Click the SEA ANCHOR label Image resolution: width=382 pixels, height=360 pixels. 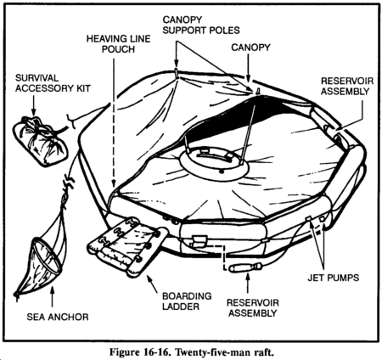[58, 317]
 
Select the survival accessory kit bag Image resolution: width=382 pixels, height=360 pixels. [40, 141]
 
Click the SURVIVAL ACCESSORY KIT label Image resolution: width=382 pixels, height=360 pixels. [53, 83]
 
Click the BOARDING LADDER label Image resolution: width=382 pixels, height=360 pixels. [187, 301]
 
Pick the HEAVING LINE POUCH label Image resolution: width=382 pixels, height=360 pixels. [118, 44]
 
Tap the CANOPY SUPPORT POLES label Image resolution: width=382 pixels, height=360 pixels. [201, 25]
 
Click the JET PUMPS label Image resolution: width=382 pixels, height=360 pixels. [334, 278]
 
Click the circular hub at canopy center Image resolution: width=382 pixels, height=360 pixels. [214, 163]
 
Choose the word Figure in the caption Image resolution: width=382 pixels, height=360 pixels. [124, 352]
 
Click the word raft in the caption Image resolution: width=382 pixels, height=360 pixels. [264, 353]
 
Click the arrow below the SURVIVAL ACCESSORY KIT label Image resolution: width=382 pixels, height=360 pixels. [34, 105]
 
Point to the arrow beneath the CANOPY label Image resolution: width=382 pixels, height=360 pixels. [248, 68]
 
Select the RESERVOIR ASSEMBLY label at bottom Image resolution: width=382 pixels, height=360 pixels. [253, 308]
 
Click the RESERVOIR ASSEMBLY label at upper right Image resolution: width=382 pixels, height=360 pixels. [347, 86]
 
